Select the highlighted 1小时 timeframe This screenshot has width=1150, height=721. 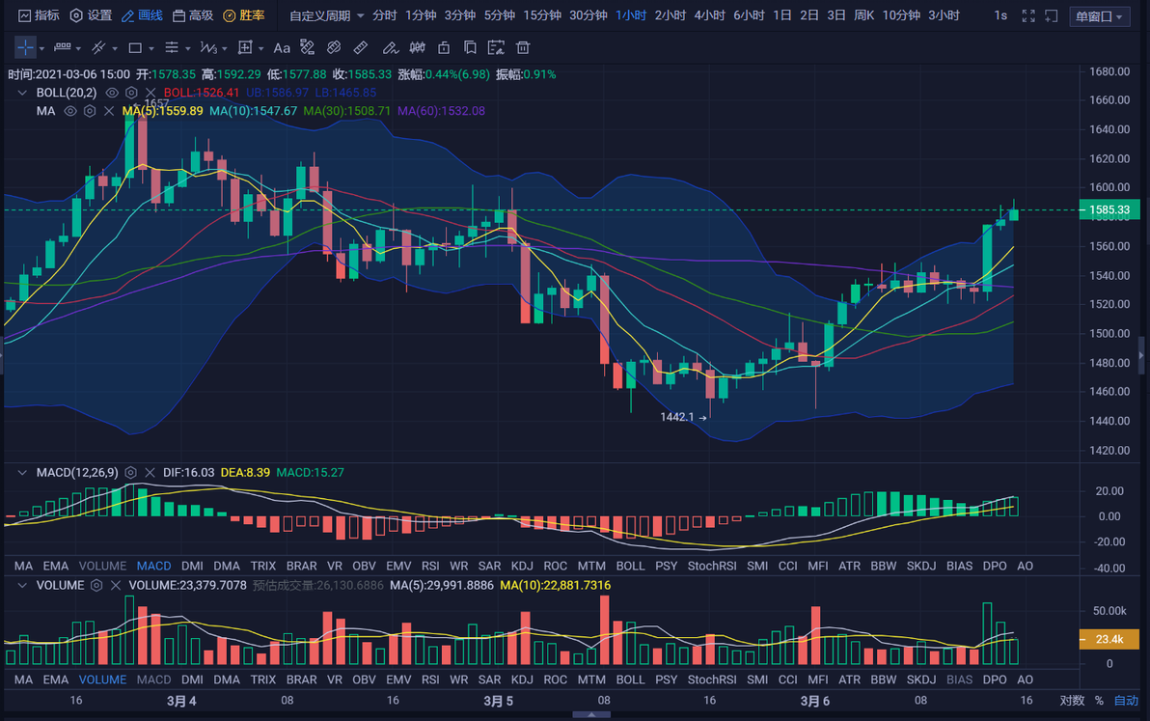(x=631, y=15)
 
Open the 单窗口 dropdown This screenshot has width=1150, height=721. (x=1099, y=16)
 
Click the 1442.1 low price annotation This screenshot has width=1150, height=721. (x=677, y=417)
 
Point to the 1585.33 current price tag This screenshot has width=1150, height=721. (x=1109, y=209)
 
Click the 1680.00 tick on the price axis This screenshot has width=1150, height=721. (x=1109, y=71)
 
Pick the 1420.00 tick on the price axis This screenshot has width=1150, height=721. (x=1109, y=451)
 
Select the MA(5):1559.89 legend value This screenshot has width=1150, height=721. (x=162, y=111)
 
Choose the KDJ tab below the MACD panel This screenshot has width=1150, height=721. (x=522, y=566)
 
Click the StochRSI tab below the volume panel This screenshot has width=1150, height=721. (x=712, y=679)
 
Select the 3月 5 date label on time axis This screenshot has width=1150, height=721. (x=498, y=701)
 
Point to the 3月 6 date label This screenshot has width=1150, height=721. (x=815, y=701)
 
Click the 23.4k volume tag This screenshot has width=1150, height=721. (x=1109, y=639)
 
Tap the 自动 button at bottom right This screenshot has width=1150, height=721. (x=1126, y=701)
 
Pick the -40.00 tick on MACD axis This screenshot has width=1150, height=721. (x=1109, y=568)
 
